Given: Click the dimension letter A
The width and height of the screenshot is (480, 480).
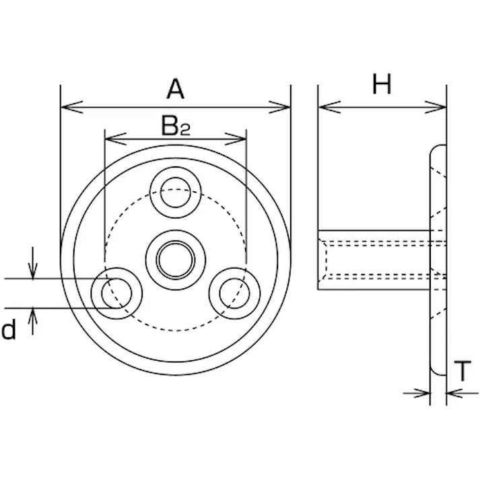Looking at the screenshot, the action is point(176,89).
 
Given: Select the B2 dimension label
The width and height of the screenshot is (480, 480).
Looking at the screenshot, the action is point(176,126).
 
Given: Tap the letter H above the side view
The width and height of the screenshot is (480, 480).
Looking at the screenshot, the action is point(382,84).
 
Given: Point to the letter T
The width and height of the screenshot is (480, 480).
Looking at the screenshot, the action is point(462,371).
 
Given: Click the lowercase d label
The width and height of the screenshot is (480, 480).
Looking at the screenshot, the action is point(9,329).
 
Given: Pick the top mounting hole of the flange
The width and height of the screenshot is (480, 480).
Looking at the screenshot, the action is point(176,193).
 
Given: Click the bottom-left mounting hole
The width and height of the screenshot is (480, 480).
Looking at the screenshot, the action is point(116,294).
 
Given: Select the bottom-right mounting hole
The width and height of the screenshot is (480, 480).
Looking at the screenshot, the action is point(234,294).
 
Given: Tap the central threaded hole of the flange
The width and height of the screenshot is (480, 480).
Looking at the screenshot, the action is point(176,260).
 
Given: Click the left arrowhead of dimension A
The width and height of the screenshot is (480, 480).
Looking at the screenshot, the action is point(71,107).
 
